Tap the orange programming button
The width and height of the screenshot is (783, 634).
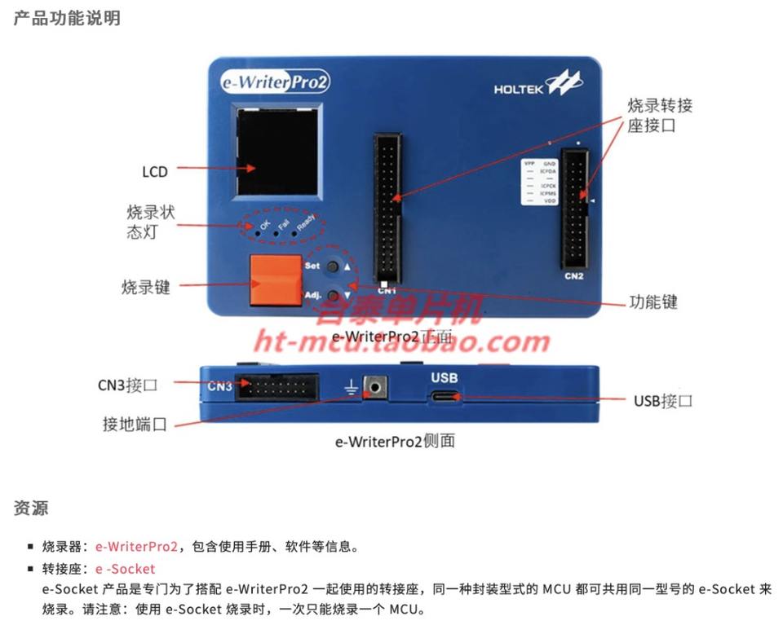coord(276,280)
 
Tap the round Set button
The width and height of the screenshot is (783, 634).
coord(334,266)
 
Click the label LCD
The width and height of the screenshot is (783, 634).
coord(154,172)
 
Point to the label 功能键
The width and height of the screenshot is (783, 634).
coord(653,302)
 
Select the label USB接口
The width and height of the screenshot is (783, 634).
coord(663,401)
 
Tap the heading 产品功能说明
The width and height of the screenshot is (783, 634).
coord(67,18)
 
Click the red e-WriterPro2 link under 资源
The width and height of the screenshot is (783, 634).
coord(136,547)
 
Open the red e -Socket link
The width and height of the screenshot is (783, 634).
coord(125,569)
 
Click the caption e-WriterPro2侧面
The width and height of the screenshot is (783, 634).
coord(395,441)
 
